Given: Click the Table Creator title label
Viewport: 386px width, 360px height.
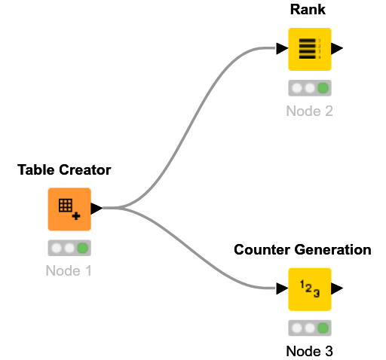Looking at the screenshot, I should point(64,170).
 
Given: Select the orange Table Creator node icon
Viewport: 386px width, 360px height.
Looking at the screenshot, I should point(69,209).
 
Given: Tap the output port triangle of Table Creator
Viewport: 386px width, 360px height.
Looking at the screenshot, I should point(96,209).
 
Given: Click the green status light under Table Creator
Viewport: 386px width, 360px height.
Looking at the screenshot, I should point(82,247).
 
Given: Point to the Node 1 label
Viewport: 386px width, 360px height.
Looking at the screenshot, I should point(69,270).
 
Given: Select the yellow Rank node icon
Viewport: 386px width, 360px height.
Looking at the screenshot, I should point(309,49).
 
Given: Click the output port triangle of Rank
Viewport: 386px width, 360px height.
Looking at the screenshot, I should point(337,49).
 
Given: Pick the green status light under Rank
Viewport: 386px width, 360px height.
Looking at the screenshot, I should point(323,88).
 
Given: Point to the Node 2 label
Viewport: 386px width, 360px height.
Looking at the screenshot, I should point(309,111).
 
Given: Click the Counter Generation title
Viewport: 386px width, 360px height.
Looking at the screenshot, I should point(302,250).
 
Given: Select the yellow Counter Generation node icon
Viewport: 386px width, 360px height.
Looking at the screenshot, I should point(309,288).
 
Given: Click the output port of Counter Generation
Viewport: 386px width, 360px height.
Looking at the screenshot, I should point(337,288).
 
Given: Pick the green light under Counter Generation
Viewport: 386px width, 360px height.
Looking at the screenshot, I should point(323,328).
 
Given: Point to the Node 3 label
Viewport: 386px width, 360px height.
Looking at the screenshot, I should point(309,350).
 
